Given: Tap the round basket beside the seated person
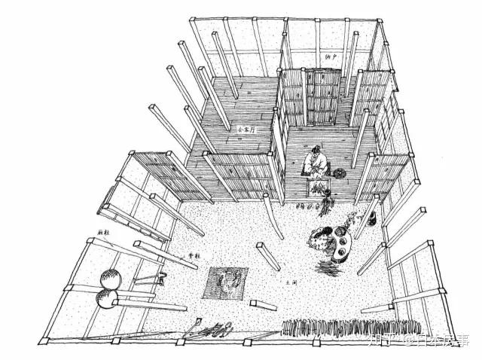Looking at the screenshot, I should [341, 172].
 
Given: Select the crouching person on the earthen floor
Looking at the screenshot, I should [322, 242].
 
